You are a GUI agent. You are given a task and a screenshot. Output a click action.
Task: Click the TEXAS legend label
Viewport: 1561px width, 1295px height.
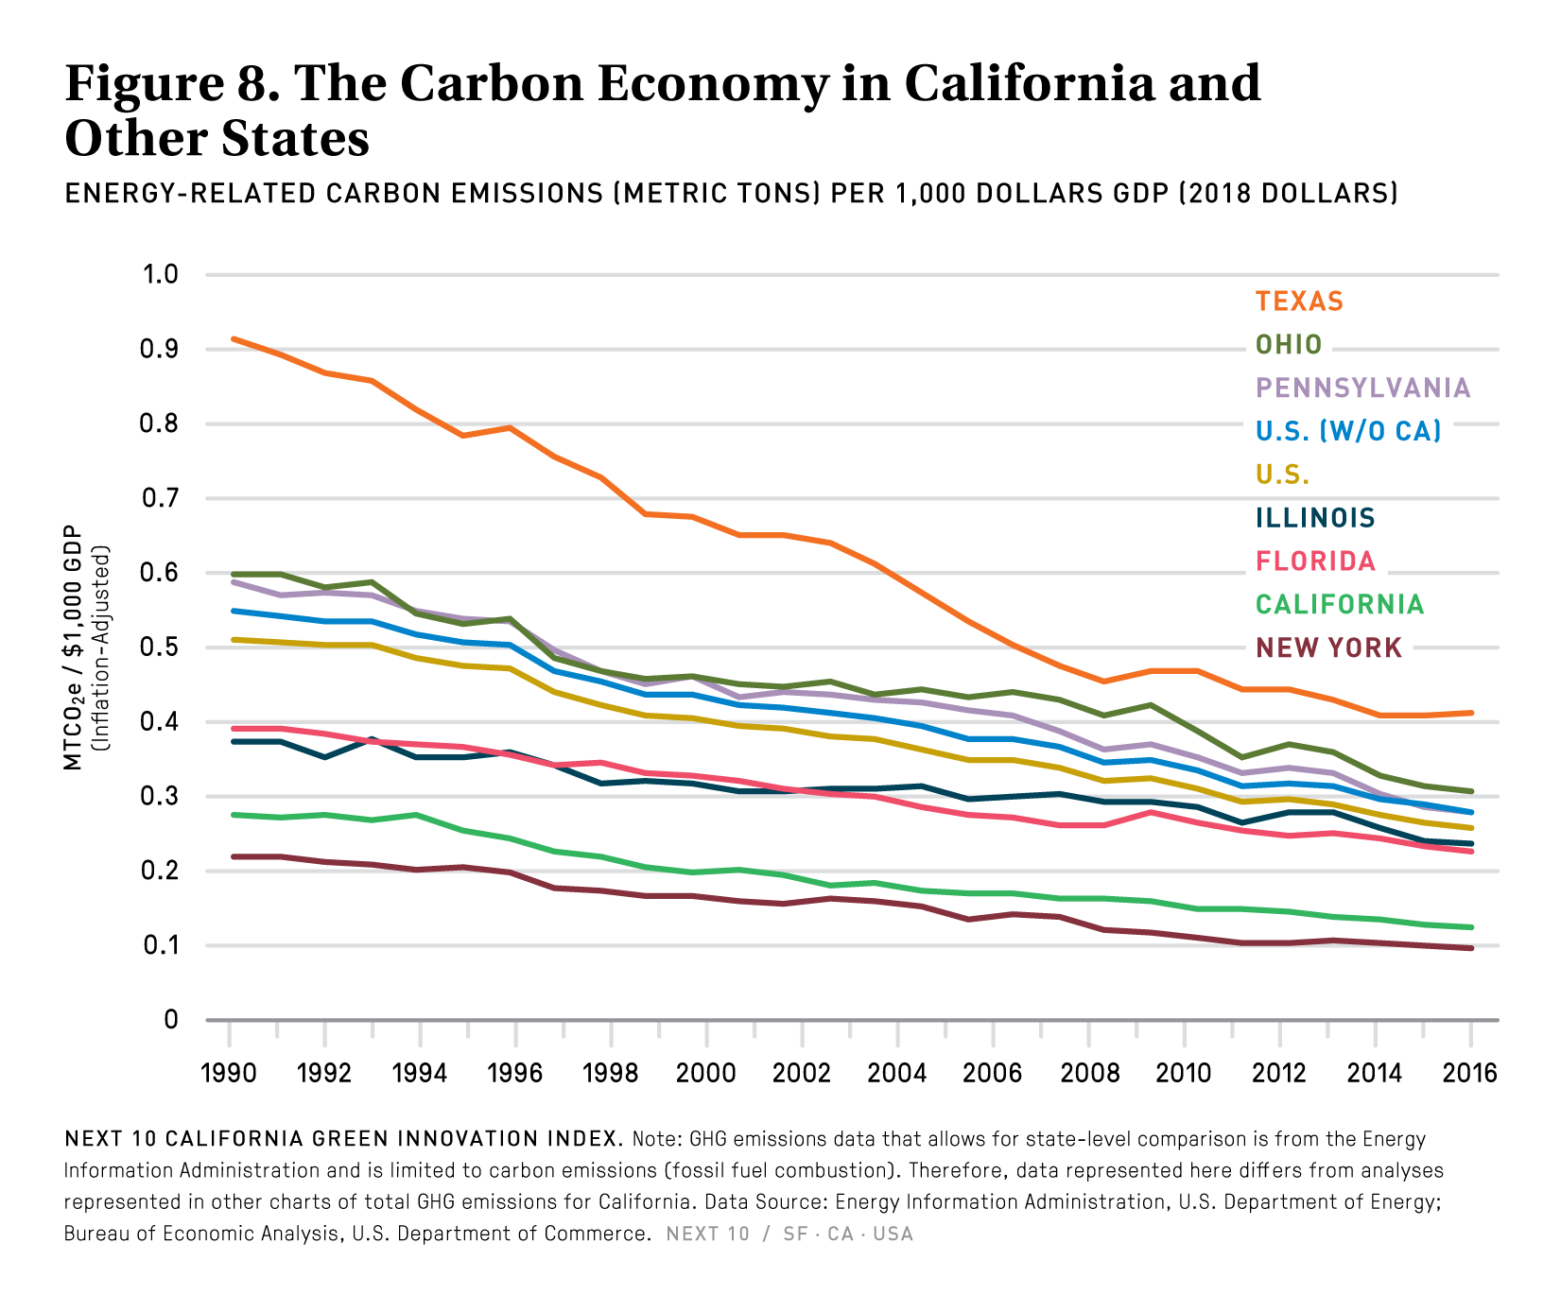[1299, 302]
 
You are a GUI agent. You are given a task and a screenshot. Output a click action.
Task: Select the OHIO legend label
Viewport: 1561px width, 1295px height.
[1289, 345]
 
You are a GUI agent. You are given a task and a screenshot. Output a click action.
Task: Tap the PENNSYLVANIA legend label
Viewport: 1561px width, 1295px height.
[1362, 388]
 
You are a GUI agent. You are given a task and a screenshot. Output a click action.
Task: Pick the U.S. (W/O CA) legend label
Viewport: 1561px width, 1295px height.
[1348, 432]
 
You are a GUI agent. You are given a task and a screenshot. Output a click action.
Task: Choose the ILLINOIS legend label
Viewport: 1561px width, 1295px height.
[1315, 518]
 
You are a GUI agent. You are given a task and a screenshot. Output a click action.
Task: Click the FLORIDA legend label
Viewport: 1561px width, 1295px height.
[1315, 561]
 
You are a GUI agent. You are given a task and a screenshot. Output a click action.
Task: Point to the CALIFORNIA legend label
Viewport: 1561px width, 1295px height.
[1340, 605]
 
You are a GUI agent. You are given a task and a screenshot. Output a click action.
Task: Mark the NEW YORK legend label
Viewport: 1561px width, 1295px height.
[1328, 648]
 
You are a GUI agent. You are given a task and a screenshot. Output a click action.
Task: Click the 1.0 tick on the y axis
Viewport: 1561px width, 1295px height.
[160, 275]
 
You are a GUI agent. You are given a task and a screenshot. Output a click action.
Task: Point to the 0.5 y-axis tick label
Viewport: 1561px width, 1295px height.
[160, 647]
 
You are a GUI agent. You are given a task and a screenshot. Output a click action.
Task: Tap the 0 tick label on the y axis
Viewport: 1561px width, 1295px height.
[170, 1020]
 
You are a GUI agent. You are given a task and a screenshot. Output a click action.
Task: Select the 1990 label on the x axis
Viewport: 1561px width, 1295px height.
[229, 1074]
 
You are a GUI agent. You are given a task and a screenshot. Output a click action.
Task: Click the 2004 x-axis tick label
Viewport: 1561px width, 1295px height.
[897, 1074]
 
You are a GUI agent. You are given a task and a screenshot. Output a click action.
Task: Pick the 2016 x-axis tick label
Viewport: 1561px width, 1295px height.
[1470, 1074]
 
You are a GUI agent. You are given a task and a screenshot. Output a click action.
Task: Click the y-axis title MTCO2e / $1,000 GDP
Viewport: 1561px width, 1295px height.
[74, 648]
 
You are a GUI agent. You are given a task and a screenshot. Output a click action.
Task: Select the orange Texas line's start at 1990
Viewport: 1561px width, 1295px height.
[232, 338]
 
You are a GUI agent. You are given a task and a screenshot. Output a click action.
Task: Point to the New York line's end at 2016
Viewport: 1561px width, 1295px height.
[1471, 948]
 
